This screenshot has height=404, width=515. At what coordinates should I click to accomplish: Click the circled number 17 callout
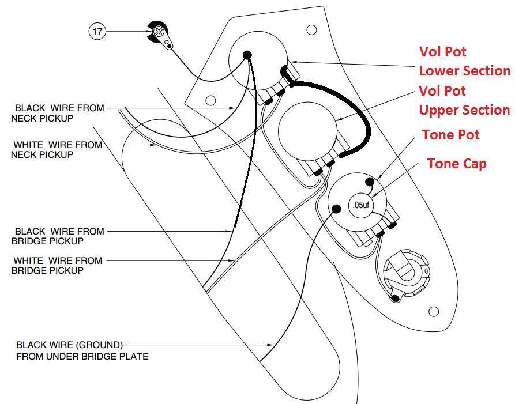[x=97, y=31]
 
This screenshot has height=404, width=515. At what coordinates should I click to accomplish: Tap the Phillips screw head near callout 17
[x=159, y=32]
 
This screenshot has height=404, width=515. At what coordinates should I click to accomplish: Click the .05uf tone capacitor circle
[x=361, y=205]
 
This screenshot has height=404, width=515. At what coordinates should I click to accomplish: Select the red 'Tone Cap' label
[x=457, y=164]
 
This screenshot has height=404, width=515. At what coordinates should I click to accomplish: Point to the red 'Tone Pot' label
[x=450, y=135]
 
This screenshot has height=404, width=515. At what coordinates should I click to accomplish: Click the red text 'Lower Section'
[x=465, y=71]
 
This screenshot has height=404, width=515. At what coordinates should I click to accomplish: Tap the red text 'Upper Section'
[x=464, y=110]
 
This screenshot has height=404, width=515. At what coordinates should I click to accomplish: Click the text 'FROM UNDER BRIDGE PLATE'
[x=82, y=356]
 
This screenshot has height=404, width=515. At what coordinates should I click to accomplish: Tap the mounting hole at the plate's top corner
[x=311, y=30]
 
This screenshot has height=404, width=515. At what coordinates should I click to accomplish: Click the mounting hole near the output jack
[x=434, y=312]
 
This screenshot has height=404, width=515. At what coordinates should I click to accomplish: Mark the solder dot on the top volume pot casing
[x=247, y=55]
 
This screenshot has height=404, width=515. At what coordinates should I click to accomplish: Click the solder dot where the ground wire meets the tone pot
[x=336, y=209]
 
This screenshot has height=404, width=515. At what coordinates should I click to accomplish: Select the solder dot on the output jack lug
[x=394, y=299]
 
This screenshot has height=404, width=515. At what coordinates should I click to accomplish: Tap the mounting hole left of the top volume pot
[x=210, y=100]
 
